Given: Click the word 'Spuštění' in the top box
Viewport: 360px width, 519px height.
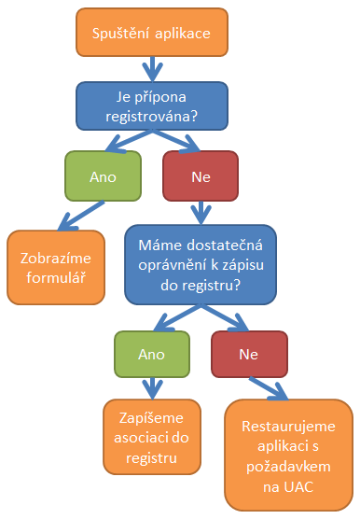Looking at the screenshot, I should pyautogui.click(x=119, y=35).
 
